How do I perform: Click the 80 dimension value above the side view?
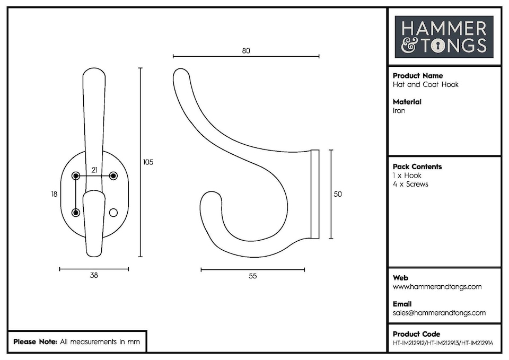(245, 51)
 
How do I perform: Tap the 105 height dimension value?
(148, 162)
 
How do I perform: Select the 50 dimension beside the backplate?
(338, 194)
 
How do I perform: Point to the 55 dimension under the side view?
(252, 276)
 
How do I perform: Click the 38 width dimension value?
(94, 275)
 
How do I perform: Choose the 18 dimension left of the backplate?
(54, 194)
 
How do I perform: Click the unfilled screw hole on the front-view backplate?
(112, 212)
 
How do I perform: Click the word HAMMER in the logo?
(444, 28)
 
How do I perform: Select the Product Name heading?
(418, 76)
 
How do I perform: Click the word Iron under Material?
(399, 111)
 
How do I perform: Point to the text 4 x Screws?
(410, 184)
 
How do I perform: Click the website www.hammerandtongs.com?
(437, 287)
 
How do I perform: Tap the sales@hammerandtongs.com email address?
(439, 313)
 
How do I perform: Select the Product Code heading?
(416, 334)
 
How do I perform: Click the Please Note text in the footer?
(35, 342)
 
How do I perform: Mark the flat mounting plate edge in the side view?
(315, 194)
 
